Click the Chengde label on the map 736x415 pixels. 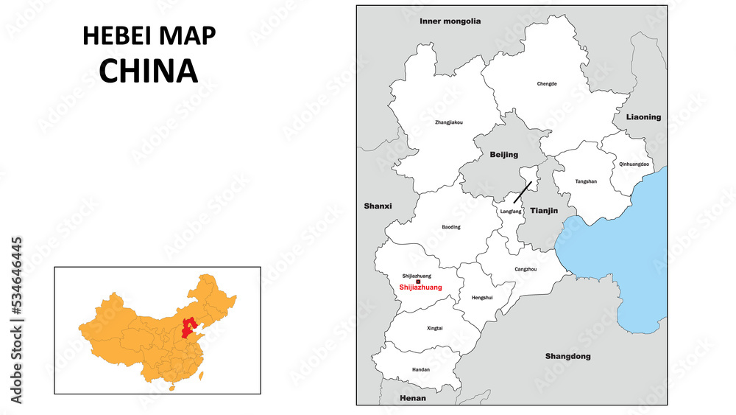[547, 84]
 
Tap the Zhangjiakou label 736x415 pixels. [449, 122]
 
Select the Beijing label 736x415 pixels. [503, 155]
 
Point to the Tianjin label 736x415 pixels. [544, 211]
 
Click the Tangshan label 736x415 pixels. [586, 181]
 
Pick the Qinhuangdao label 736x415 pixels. [634, 164]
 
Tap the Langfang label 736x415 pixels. [510, 212]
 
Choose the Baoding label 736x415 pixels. [451, 227]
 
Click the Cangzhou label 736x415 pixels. [526, 270]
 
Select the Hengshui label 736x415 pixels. [481, 298]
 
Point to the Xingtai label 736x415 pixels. [435, 328]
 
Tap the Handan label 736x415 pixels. [421, 369]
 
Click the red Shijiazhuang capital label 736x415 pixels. [420, 287]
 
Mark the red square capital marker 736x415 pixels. [418, 282]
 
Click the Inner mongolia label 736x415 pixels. [450, 21]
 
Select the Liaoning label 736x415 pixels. [643, 117]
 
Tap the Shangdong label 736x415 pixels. [567, 357]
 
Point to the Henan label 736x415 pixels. [412, 398]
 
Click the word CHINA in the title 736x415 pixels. [149, 70]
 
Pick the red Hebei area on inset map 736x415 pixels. [190, 325]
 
